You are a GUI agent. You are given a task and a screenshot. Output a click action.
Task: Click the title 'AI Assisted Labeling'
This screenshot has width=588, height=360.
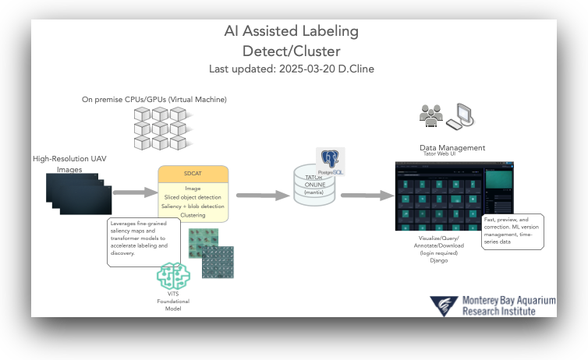point(291,32)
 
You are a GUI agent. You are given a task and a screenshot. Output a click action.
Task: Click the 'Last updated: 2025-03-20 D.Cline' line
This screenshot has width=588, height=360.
point(291,69)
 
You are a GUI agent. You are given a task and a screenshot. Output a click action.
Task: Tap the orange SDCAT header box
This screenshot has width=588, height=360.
point(193,173)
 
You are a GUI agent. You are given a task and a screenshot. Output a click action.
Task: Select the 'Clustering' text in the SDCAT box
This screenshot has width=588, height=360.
point(193,215)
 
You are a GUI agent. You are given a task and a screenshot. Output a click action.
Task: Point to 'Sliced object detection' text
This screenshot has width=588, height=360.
point(193,198)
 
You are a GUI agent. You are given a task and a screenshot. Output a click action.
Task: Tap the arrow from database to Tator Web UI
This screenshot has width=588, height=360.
point(366,196)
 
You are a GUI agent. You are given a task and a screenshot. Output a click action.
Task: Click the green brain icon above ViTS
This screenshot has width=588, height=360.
point(173,277)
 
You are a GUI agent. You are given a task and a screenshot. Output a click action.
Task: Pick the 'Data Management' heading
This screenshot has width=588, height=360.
point(452,147)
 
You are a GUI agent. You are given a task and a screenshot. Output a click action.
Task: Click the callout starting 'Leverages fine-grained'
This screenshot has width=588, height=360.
point(143,242)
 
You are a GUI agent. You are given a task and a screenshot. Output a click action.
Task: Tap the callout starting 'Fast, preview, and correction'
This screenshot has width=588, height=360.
point(513,231)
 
